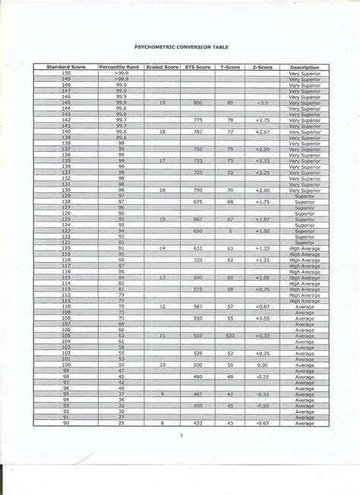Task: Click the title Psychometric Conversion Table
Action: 181,46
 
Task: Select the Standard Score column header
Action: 65,67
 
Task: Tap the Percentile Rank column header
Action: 120,67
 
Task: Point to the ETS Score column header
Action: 197,67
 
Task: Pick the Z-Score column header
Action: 262,67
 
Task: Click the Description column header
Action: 305,67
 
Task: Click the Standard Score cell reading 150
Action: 65,73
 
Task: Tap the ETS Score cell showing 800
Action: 197,102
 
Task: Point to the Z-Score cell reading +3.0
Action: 262,102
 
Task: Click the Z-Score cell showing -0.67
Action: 262,422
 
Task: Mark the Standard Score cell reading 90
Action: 65,422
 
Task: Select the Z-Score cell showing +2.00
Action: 262,190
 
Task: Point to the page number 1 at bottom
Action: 182,436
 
